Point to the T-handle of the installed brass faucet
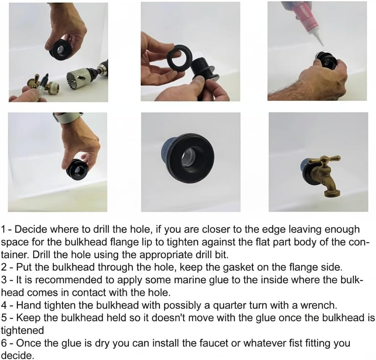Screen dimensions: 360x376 coord(324,160)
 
